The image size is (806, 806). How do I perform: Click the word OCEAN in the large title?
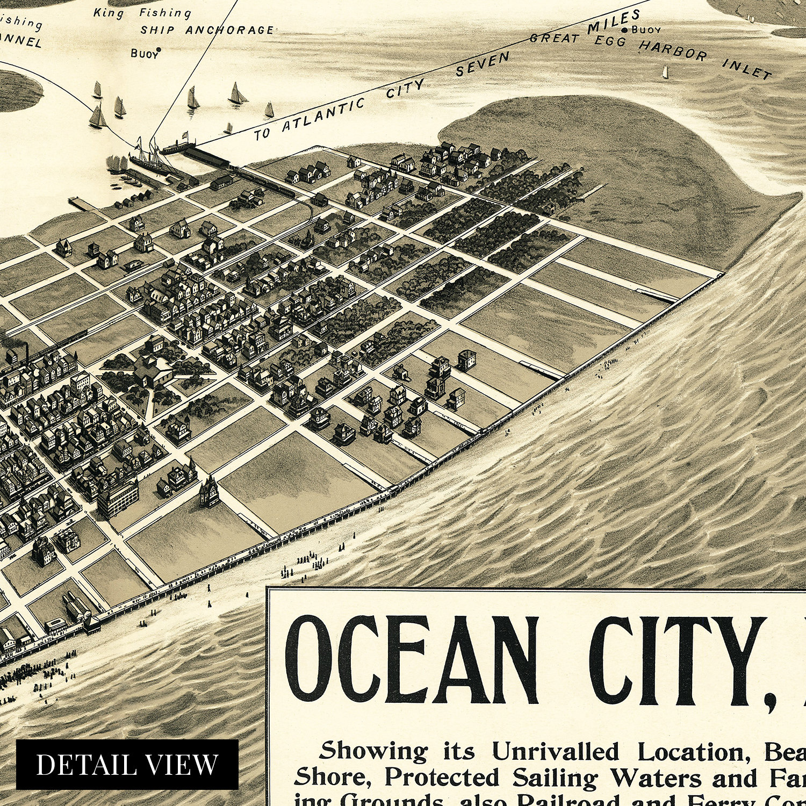coord(411,661)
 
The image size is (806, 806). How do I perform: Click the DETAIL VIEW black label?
coord(127,764)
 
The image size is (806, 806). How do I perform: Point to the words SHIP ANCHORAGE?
coord(207,30)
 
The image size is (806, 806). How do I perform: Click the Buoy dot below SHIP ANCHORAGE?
coord(159,50)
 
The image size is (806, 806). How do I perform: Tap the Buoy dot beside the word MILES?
coord(624,31)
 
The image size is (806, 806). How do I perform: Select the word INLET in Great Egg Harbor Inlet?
coord(747,69)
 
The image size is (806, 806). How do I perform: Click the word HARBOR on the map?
coord(673,51)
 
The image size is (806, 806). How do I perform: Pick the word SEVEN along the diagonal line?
coord(482,64)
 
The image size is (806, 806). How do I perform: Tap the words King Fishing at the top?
coord(142,13)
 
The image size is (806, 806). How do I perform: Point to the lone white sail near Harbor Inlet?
coord(665,72)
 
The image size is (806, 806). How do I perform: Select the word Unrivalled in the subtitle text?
coord(555,752)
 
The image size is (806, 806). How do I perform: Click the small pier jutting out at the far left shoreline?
coord(80,203)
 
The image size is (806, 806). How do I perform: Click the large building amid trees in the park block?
coord(153,371)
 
